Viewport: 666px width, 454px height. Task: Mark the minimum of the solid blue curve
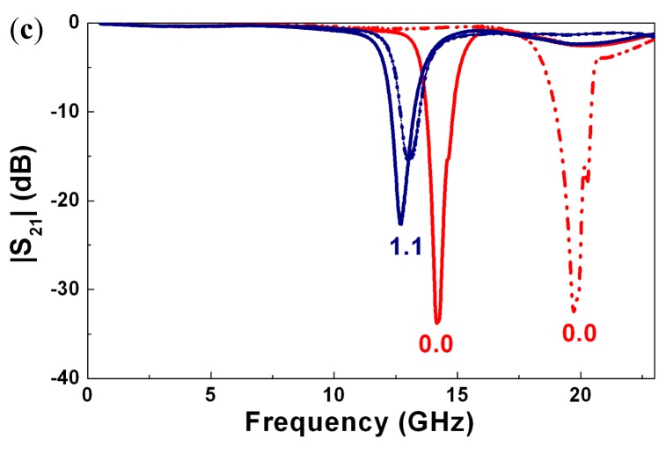[x=400, y=223]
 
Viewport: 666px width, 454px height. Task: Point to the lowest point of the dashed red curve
[x=574, y=311]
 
